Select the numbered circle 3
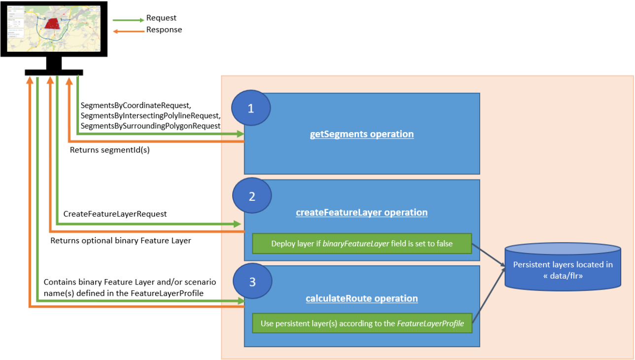252,283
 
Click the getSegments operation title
361,134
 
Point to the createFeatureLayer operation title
361,213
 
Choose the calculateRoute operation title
361,298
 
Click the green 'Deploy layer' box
362,244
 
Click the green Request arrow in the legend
128,20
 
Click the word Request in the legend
161,18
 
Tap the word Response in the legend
164,30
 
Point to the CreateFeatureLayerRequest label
115,214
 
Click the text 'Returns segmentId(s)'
109,150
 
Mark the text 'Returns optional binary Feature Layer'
120,241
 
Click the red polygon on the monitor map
51,24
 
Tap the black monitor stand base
54,72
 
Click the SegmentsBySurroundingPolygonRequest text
150,126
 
